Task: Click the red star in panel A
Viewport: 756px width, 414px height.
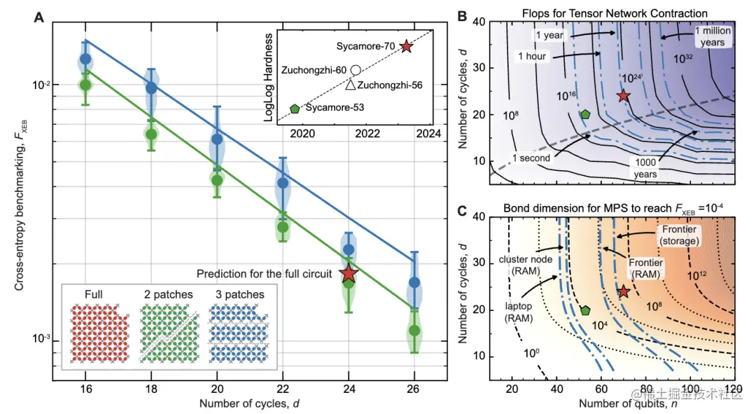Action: (x=349, y=275)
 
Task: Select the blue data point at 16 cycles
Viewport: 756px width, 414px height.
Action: (x=85, y=60)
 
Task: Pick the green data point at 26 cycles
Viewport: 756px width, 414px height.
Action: (x=414, y=330)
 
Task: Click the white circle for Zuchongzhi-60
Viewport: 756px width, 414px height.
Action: (x=356, y=70)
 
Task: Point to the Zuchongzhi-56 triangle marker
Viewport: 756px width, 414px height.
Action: (x=350, y=85)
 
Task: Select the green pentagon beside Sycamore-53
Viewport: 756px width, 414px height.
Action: (x=295, y=109)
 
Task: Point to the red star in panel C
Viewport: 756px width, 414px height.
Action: (x=624, y=291)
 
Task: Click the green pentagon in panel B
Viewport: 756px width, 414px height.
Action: (x=585, y=114)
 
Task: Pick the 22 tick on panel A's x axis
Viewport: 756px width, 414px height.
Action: (x=283, y=388)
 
